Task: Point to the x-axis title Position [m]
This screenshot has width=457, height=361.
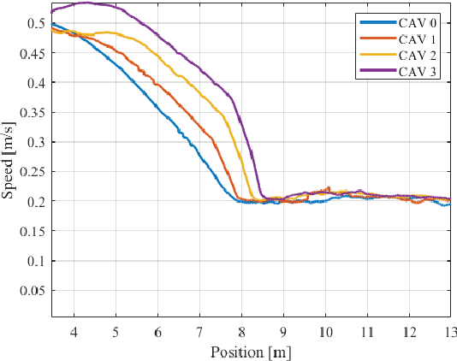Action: coord(252,352)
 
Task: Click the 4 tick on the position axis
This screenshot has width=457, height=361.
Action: coord(74,330)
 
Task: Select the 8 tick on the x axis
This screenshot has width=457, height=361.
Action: coord(241,330)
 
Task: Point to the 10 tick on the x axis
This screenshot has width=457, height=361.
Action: coord(325,330)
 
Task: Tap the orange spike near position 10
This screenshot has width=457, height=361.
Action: coord(329,187)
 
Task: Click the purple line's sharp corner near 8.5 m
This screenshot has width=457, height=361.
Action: coord(263,197)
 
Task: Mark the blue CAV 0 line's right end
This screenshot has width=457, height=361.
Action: coord(450,204)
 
